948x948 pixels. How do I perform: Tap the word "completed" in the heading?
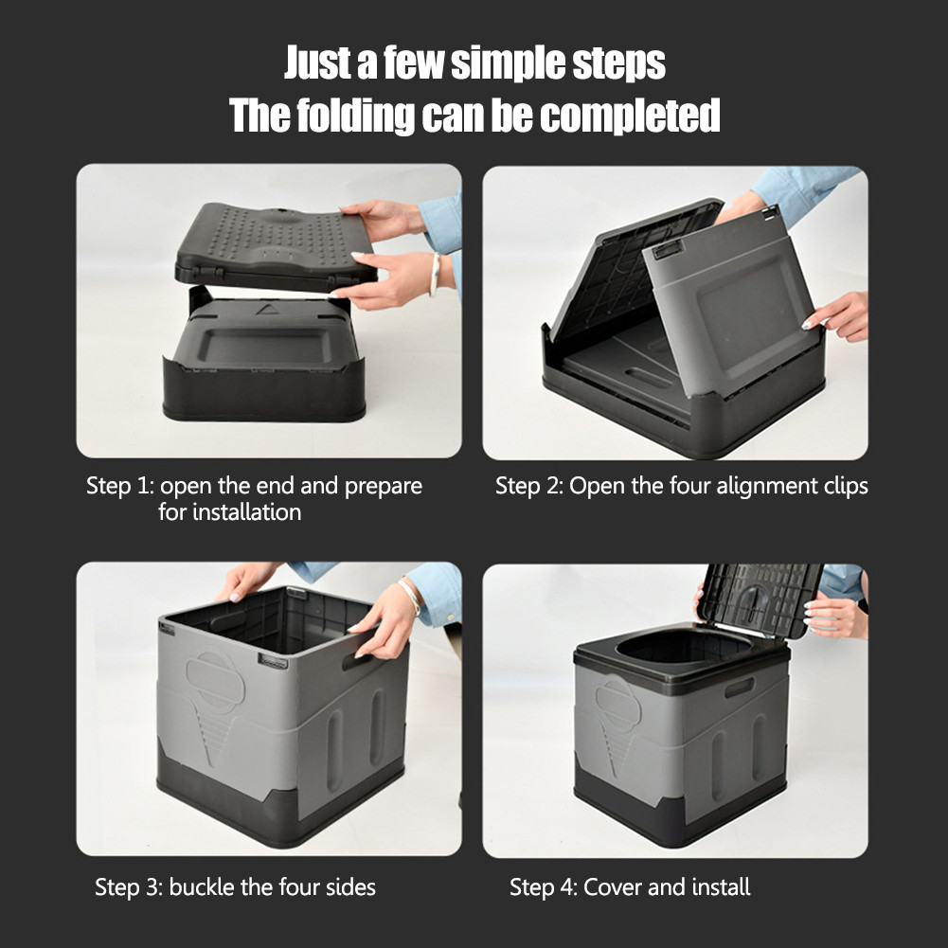click(x=630, y=116)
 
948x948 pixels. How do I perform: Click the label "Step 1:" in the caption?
click(x=119, y=486)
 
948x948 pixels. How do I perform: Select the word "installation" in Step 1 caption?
click(x=246, y=512)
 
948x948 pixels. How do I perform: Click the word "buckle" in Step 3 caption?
click(x=205, y=887)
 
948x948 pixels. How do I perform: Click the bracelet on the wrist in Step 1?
click(x=435, y=273)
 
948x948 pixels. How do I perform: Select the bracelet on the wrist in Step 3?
click(x=409, y=595)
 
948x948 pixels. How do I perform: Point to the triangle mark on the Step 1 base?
click(x=263, y=310)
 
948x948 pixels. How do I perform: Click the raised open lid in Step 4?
click(x=762, y=597)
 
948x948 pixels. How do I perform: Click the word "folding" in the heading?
click(x=356, y=116)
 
